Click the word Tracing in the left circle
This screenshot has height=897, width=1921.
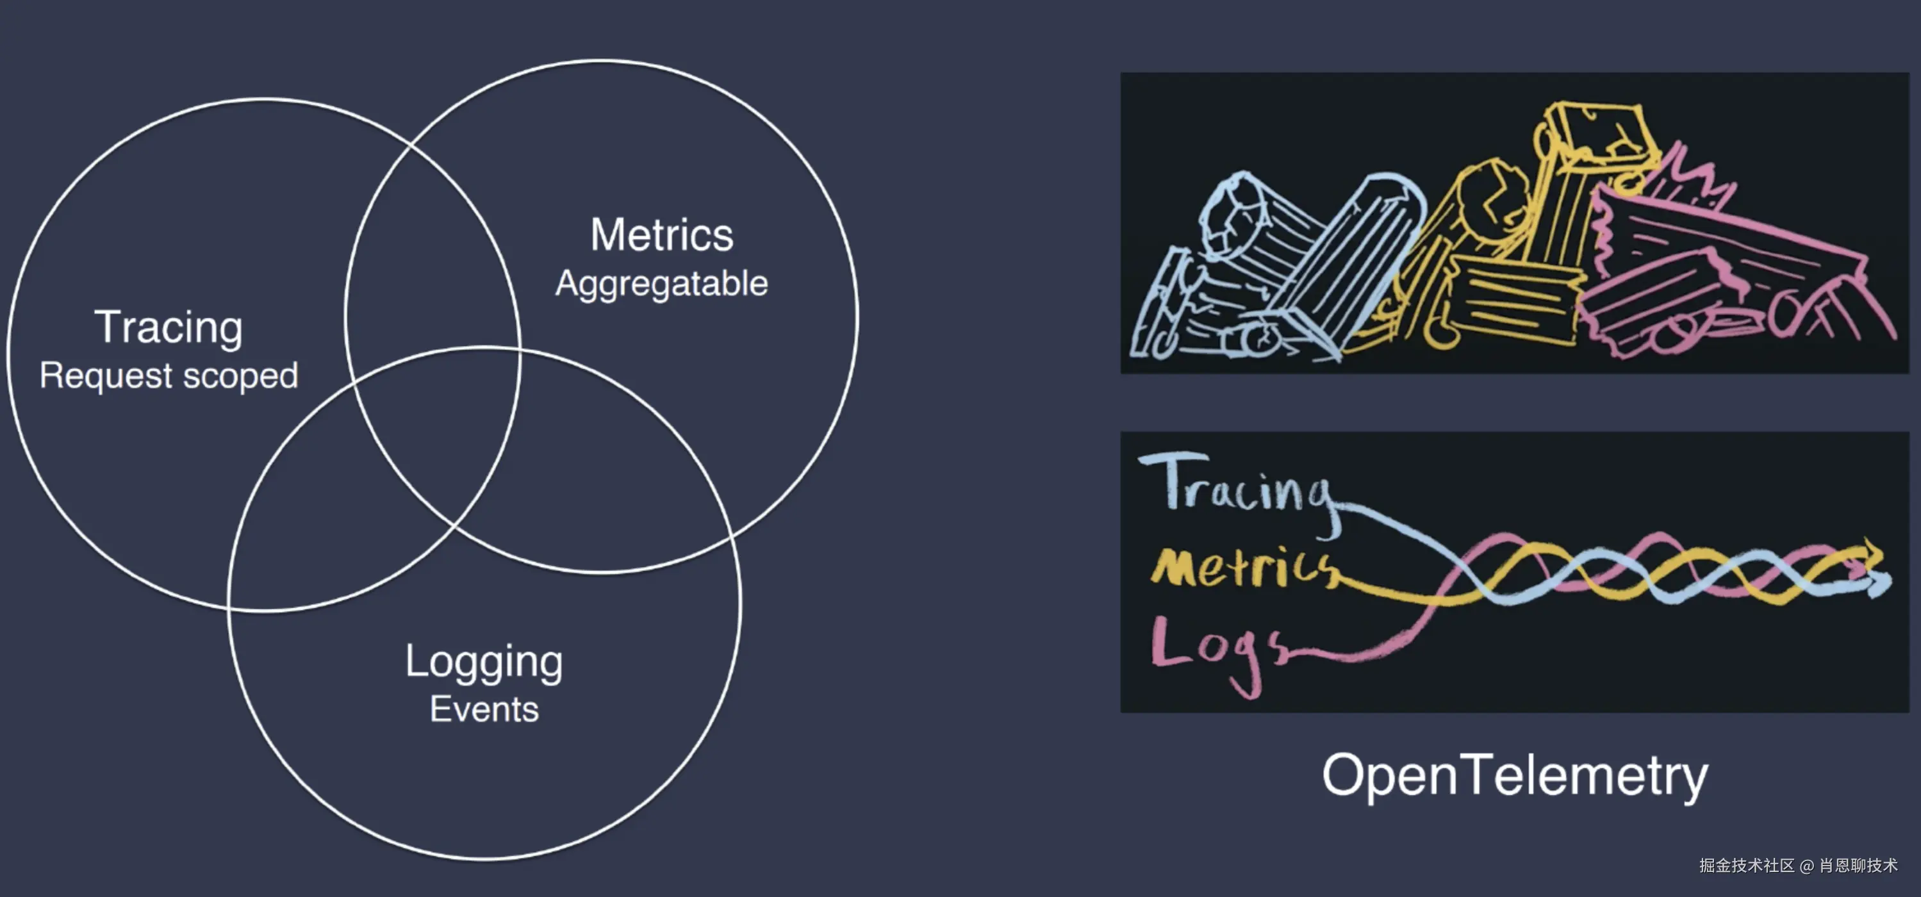click(169, 327)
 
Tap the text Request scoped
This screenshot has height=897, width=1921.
click(169, 375)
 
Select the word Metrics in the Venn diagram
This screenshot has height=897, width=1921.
click(661, 235)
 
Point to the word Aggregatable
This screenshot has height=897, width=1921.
click(661, 283)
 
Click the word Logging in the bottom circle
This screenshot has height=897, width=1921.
click(484, 662)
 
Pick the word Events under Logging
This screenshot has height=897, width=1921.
click(484, 709)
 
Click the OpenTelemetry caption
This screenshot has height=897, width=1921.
click(1515, 775)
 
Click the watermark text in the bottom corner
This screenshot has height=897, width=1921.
click(1798, 865)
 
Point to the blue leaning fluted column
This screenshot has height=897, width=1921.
click(1350, 268)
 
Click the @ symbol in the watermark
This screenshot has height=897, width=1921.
click(1806, 866)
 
